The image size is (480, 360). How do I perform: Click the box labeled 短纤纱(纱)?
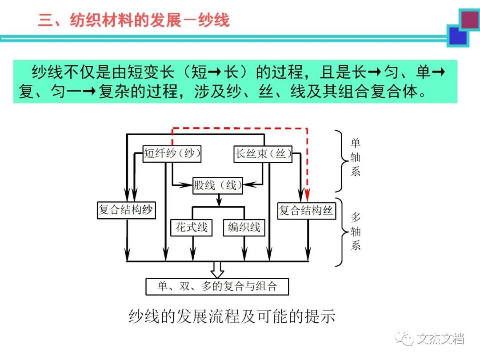point(172,154)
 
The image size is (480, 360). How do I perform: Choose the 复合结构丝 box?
point(307,210)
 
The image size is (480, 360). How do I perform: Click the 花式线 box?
point(192,227)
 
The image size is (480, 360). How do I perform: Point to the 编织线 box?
point(244,227)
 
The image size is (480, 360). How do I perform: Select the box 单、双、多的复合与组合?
point(217,286)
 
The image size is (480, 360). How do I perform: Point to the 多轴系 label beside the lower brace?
point(355,231)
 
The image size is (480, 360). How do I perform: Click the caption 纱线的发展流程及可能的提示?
point(232,316)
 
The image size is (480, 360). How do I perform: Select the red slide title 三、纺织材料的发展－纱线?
point(133,20)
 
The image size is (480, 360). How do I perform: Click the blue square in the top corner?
point(458,36)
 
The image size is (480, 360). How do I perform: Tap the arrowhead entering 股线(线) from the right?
point(247,183)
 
